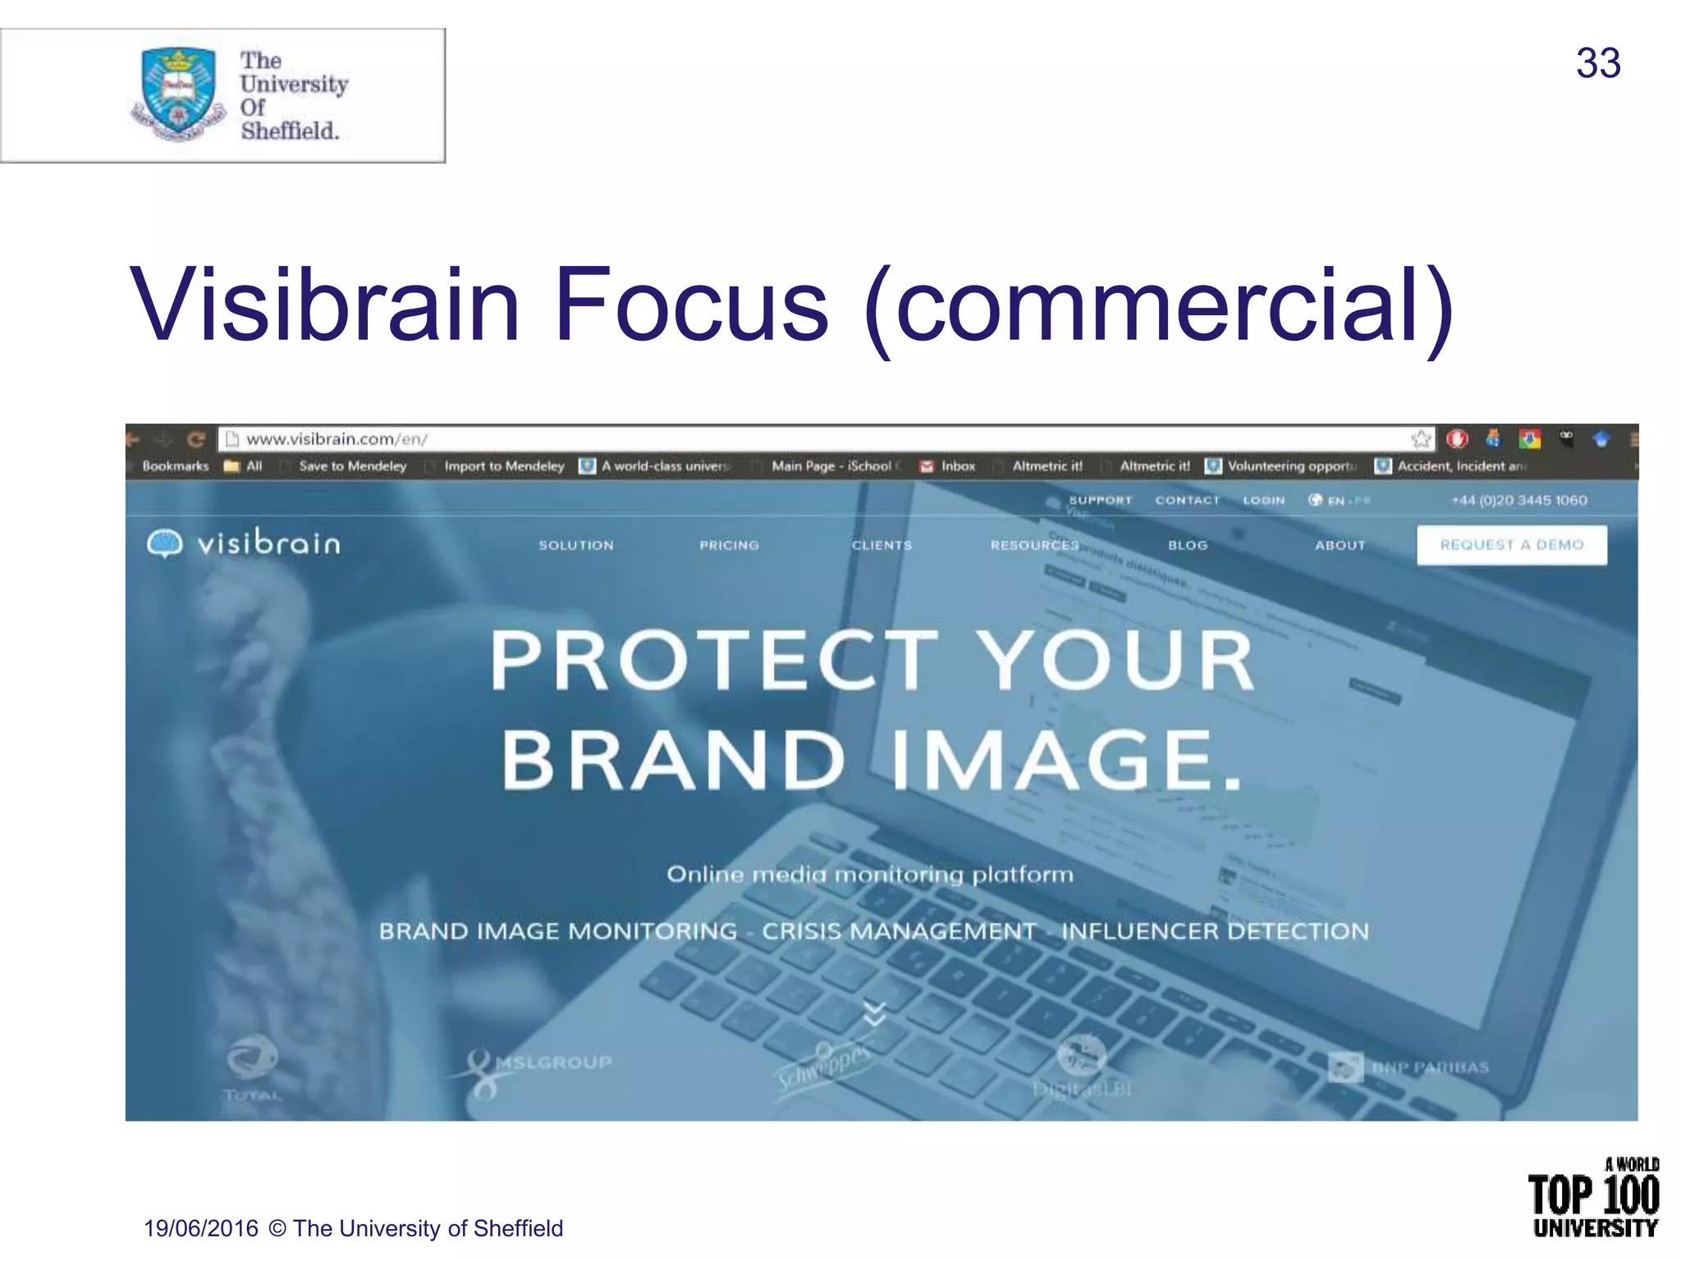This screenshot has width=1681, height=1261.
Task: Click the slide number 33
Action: (x=1597, y=63)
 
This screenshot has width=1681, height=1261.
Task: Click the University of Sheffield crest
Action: (x=178, y=92)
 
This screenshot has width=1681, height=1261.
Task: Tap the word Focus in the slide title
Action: (x=691, y=305)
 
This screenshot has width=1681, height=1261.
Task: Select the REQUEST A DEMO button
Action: (x=1511, y=544)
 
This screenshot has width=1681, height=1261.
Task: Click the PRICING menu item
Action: (x=729, y=545)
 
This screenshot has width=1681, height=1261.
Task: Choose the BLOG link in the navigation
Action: (x=1188, y=545)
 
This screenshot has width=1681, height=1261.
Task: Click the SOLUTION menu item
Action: (x=575, y=545)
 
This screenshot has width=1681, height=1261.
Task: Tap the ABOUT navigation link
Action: (x=1340, y=545)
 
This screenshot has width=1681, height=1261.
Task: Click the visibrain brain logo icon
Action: (x=164, y=543)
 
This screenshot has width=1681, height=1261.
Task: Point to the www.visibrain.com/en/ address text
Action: (x=337, y=439)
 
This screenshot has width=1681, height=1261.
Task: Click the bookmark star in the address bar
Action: (x=1421, y=439)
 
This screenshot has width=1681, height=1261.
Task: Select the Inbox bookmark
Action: (x=957, y=466)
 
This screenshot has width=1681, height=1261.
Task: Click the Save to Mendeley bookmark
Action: (x=352, y=466)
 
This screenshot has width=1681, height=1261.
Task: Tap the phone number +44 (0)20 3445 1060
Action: (x=1518, y=500)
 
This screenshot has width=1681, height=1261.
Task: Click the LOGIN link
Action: (x=1263, y=500)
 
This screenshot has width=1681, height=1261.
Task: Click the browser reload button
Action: (x=195, y=439)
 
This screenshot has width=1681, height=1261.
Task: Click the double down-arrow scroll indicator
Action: (x=875, y=1014)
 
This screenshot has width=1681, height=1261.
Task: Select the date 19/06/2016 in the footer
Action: (x=201, y=1228)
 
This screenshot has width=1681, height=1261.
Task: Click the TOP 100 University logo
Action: (x=1593, y=1199)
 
